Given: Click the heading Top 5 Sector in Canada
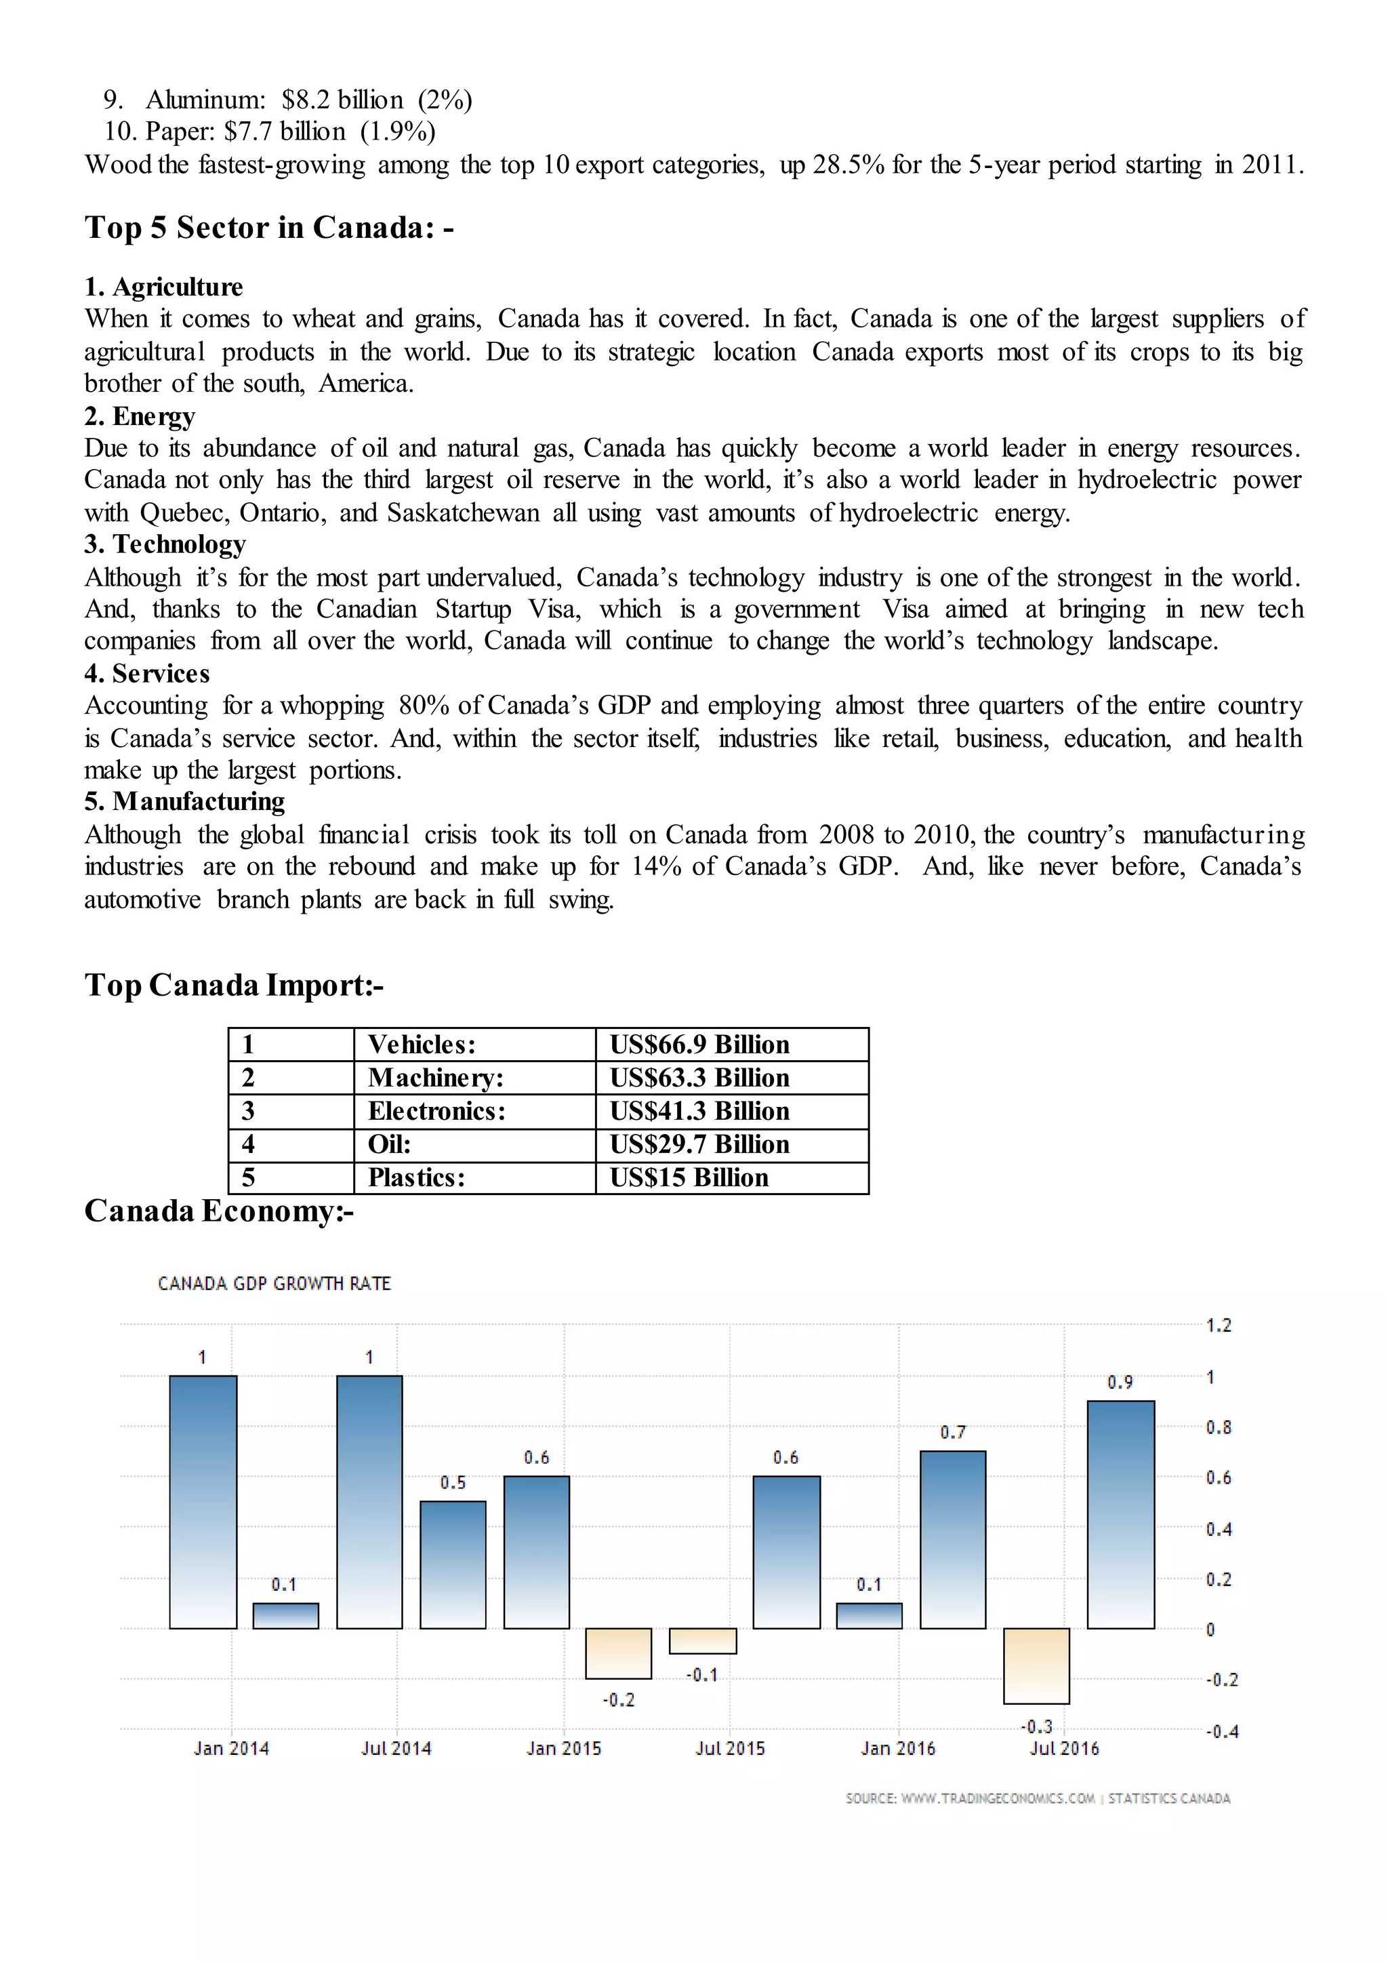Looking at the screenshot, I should tap(268, 228).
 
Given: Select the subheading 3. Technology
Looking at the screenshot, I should tap(165, 544).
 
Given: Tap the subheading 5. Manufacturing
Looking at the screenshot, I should tap(184, 801).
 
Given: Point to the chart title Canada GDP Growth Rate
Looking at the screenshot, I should tap(274, 1283).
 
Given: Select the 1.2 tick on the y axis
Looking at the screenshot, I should tap(1218, 1325).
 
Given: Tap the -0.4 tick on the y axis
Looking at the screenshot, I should tap(1221, 1731).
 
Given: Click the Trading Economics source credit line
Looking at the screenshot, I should tap(1038, 1798).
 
